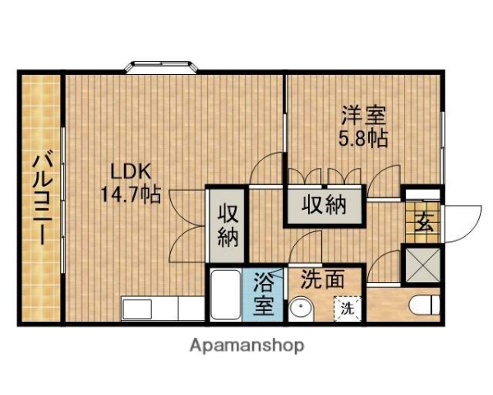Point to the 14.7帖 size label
(131, 195)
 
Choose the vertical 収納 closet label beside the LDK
(228, 224)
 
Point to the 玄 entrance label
(424, 221)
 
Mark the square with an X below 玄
(422, 265)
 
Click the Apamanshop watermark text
(247, 345)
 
